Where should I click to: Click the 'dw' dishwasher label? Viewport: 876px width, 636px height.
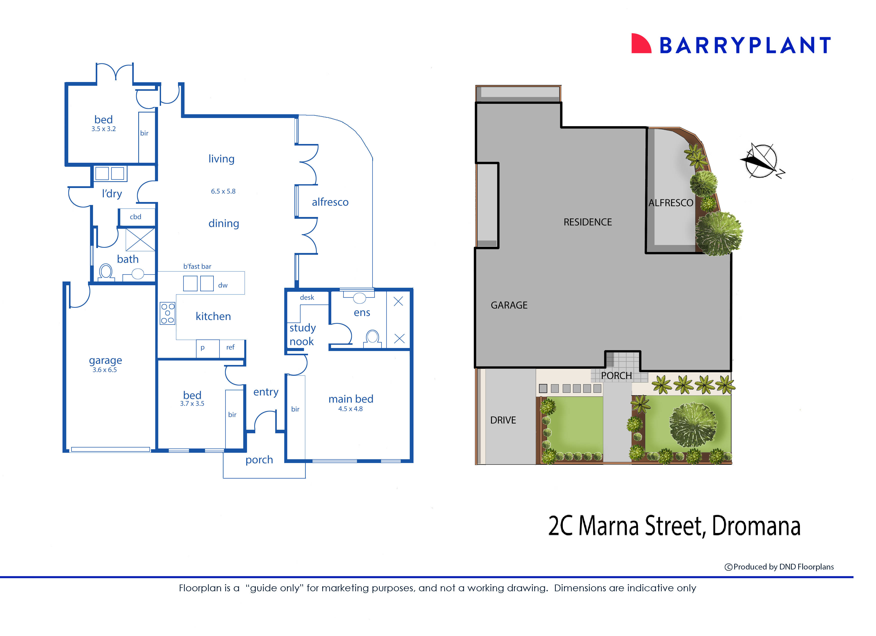(222, 285)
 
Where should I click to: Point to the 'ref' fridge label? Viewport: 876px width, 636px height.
(230, 347)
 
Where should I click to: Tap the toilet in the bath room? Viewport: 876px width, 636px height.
(105, 271)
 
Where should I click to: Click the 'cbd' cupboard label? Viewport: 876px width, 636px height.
(135, 217)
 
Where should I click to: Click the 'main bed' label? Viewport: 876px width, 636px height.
(351, 399)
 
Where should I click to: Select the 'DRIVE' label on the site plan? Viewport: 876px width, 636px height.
(503, 420)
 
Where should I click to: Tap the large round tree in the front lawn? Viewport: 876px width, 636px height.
(693, 425)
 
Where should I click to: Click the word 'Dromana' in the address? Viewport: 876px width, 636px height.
(756, 526)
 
